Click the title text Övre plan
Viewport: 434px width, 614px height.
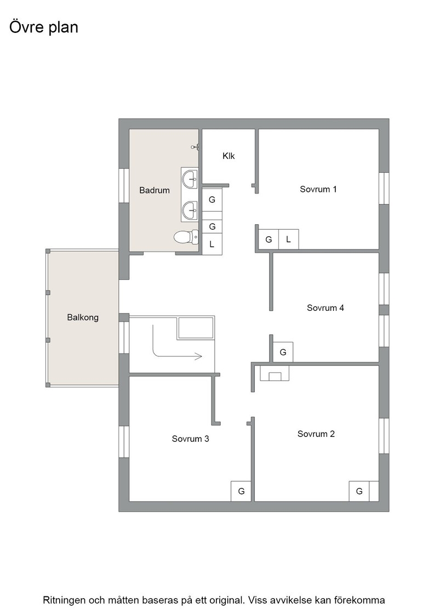tap(43, 27)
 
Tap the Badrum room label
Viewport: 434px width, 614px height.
tap(155, 190)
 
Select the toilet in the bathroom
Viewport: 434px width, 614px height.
tap(186, 237)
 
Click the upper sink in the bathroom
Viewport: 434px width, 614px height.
tap(190, 179)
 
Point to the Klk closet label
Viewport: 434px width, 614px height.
tap(229, 156)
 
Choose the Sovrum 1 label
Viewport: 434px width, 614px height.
tap(318, 189)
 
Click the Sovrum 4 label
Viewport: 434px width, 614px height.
tap(325, 308)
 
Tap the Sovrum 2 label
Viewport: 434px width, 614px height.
tap(316, 434)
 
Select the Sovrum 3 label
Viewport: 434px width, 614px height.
tap(190, 439)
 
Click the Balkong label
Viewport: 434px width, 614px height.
tap(83, 317)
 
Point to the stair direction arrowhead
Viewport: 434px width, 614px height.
tap(198, 356)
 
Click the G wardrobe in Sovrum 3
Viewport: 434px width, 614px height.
tap(241, 491)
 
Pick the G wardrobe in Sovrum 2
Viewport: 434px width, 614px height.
tap(359, 491)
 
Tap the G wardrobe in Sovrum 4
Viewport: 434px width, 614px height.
tap(283, 352)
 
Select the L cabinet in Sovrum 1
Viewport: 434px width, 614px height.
tap(288, 239)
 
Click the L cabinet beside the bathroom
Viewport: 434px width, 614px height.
tap(212, 245)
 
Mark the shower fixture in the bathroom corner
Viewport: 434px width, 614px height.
tap(196, 147)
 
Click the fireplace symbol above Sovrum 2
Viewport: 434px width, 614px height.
tap(275, 373)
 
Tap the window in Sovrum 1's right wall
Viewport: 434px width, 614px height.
tap(384, 188)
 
